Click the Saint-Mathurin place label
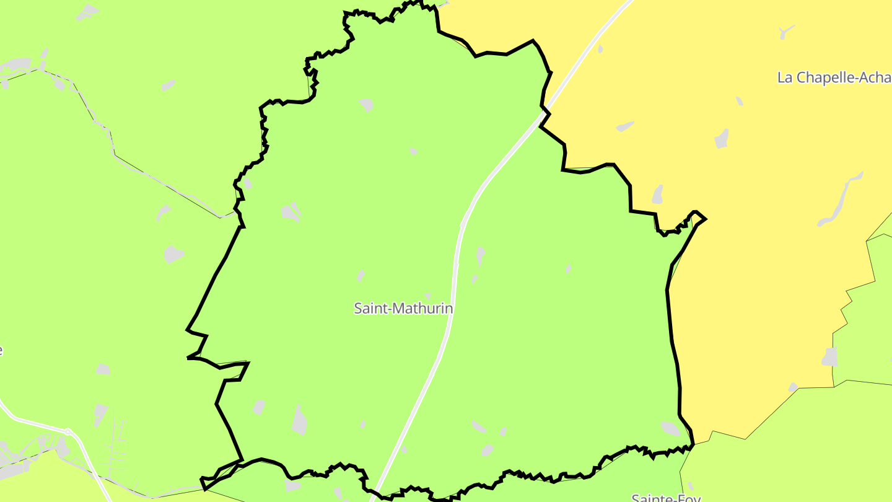tap(403, 308)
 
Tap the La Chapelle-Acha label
tap(834, 77)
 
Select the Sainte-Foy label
tap(665, 498)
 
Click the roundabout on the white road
tap(69, 431)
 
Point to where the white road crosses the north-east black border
tap(545, 113)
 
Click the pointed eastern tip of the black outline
tap(705, 218)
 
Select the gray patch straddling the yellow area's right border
tap(829, 357)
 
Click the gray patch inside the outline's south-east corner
tap(670, 428)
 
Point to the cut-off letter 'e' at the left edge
tap(1, 350)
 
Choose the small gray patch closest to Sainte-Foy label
tap(690, 485)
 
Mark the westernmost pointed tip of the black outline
tap(188, 358)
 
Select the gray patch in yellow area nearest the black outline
tap(657, 194)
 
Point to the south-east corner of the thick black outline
tap(693, 444)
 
